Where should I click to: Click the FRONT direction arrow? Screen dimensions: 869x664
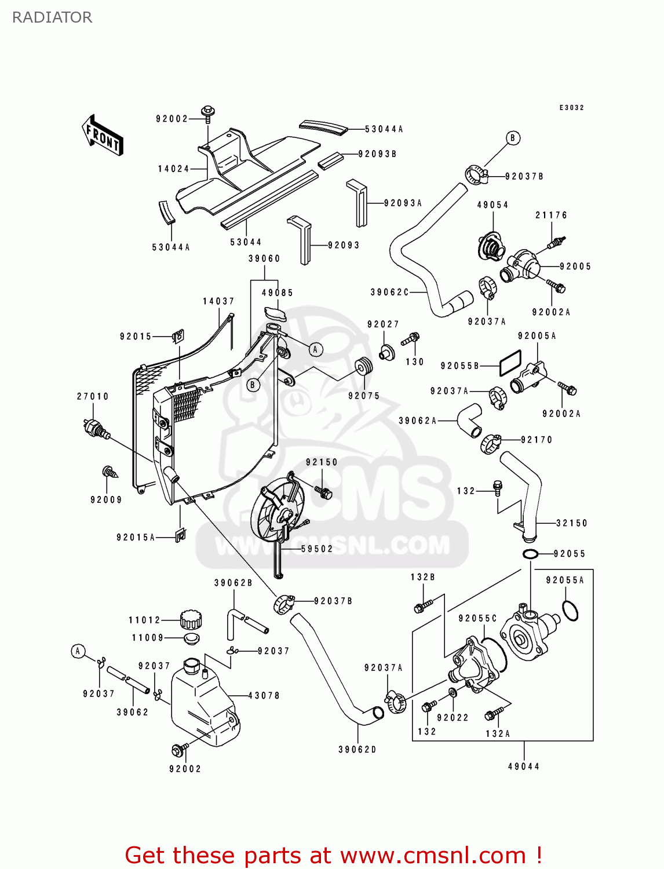pos(103,136)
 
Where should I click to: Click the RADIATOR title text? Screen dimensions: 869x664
pos(52,17)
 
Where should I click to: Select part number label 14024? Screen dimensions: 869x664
pos(173,169)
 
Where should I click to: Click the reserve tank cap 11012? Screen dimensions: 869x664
pos(191,620)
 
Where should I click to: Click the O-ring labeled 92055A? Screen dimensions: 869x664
pos(570,611)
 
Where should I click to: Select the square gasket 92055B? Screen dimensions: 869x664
pos(510,363)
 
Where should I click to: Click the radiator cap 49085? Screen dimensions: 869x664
pos(275,313)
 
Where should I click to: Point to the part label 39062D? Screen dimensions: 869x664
pos(357,750)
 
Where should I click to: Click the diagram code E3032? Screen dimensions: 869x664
pos(571,108)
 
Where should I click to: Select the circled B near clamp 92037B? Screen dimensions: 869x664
pos(513,138)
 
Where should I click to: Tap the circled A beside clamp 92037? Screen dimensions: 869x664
pos(78,651)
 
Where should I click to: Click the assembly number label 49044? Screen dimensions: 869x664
pos(524,766)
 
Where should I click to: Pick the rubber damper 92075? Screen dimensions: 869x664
pos(364,367)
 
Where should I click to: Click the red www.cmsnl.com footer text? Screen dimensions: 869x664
pos(333,855)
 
